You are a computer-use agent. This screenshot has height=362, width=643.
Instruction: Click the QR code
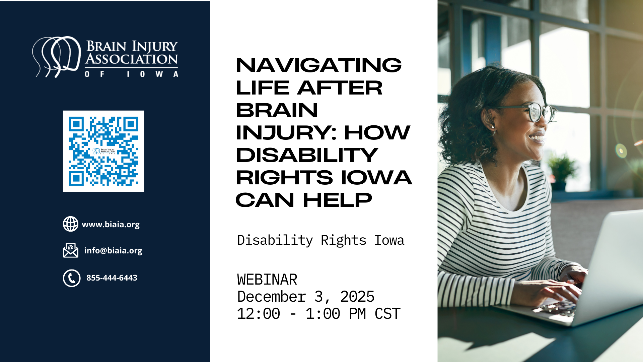pyautogui.click(x=103, y=151)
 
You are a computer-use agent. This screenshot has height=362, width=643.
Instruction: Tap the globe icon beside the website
pyautogui.click(x=71, y=224)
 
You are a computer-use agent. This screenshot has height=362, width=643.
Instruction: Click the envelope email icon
pyautogui.click(x=71, y=250)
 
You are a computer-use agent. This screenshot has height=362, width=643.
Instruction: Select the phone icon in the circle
pyautogui.click(x=72, y=278)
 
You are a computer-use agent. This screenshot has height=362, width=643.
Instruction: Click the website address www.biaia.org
pyautogui.click(x=111, y=225)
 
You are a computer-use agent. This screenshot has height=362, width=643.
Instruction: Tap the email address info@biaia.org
pyautogui.click(x=113, y=251)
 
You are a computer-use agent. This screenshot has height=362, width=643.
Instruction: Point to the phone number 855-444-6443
pyautogui.click(x=112, y=278)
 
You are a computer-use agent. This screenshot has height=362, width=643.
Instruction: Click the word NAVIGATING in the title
pyautogui.click(x=319, y=65)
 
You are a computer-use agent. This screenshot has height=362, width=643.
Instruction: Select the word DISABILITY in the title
pyautogui.click(x=307, y=155)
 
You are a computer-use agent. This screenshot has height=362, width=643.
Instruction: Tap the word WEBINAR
pyautogui.click(x=267, y=280)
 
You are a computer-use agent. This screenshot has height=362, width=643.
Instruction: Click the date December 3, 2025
pyautogui.click(x=306, y=297)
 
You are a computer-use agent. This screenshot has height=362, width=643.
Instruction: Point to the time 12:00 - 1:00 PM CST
pyautogui.click(x=318, y=314)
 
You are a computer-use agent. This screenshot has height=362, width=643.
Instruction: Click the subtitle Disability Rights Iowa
pyautogui.click(x=321, y=240)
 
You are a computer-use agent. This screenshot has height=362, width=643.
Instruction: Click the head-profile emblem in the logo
pyautogui.click(x=57, y=56)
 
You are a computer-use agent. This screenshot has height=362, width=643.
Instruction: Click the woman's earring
pyautogui.click(x=492, y=127)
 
